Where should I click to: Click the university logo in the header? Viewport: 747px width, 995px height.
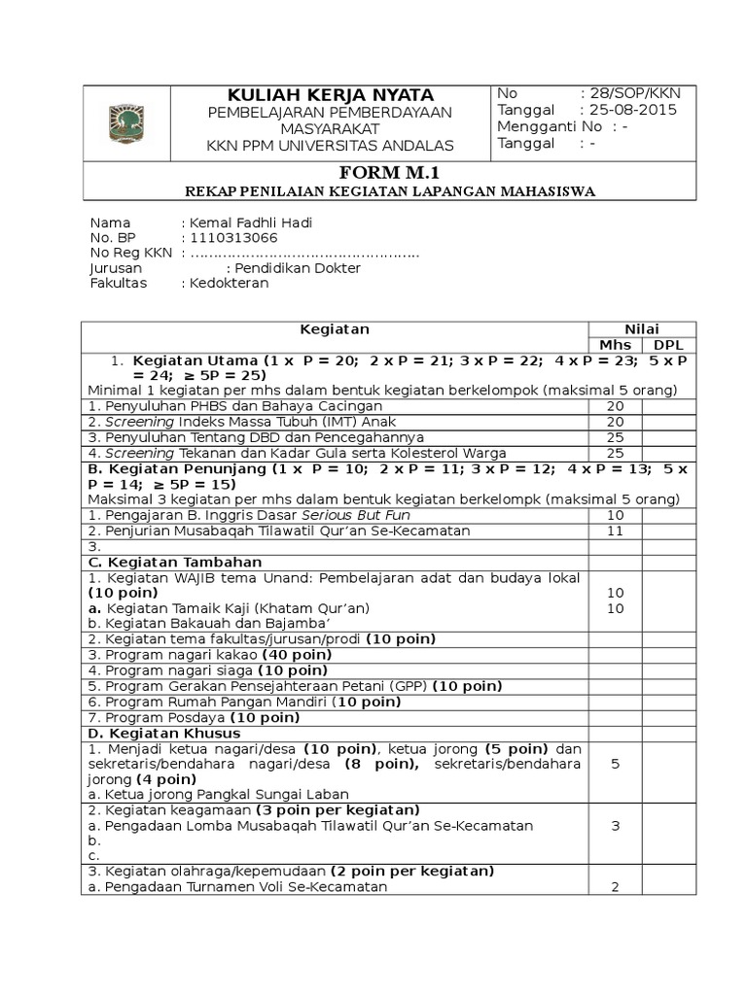point(126,123)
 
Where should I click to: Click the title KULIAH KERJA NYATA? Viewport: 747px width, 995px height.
point(331,95)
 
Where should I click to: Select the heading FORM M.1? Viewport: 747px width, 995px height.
point(389,173)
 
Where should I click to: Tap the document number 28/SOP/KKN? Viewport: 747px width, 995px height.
point(630,93)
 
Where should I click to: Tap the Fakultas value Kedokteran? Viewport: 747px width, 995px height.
point(231,284)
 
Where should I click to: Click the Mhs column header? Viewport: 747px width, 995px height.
point(615,345)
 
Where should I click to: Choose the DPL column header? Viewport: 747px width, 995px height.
point(668,345)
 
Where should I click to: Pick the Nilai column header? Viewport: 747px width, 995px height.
point(642,329)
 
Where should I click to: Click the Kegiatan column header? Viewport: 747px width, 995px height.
point(334,329)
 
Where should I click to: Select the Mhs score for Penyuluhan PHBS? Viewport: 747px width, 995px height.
point(615,406)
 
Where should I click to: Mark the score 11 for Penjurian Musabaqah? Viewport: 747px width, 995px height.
point(615,531)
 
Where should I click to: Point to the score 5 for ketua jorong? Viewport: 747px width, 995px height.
point(615,764)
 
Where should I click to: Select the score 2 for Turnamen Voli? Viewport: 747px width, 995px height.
point(615,887)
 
